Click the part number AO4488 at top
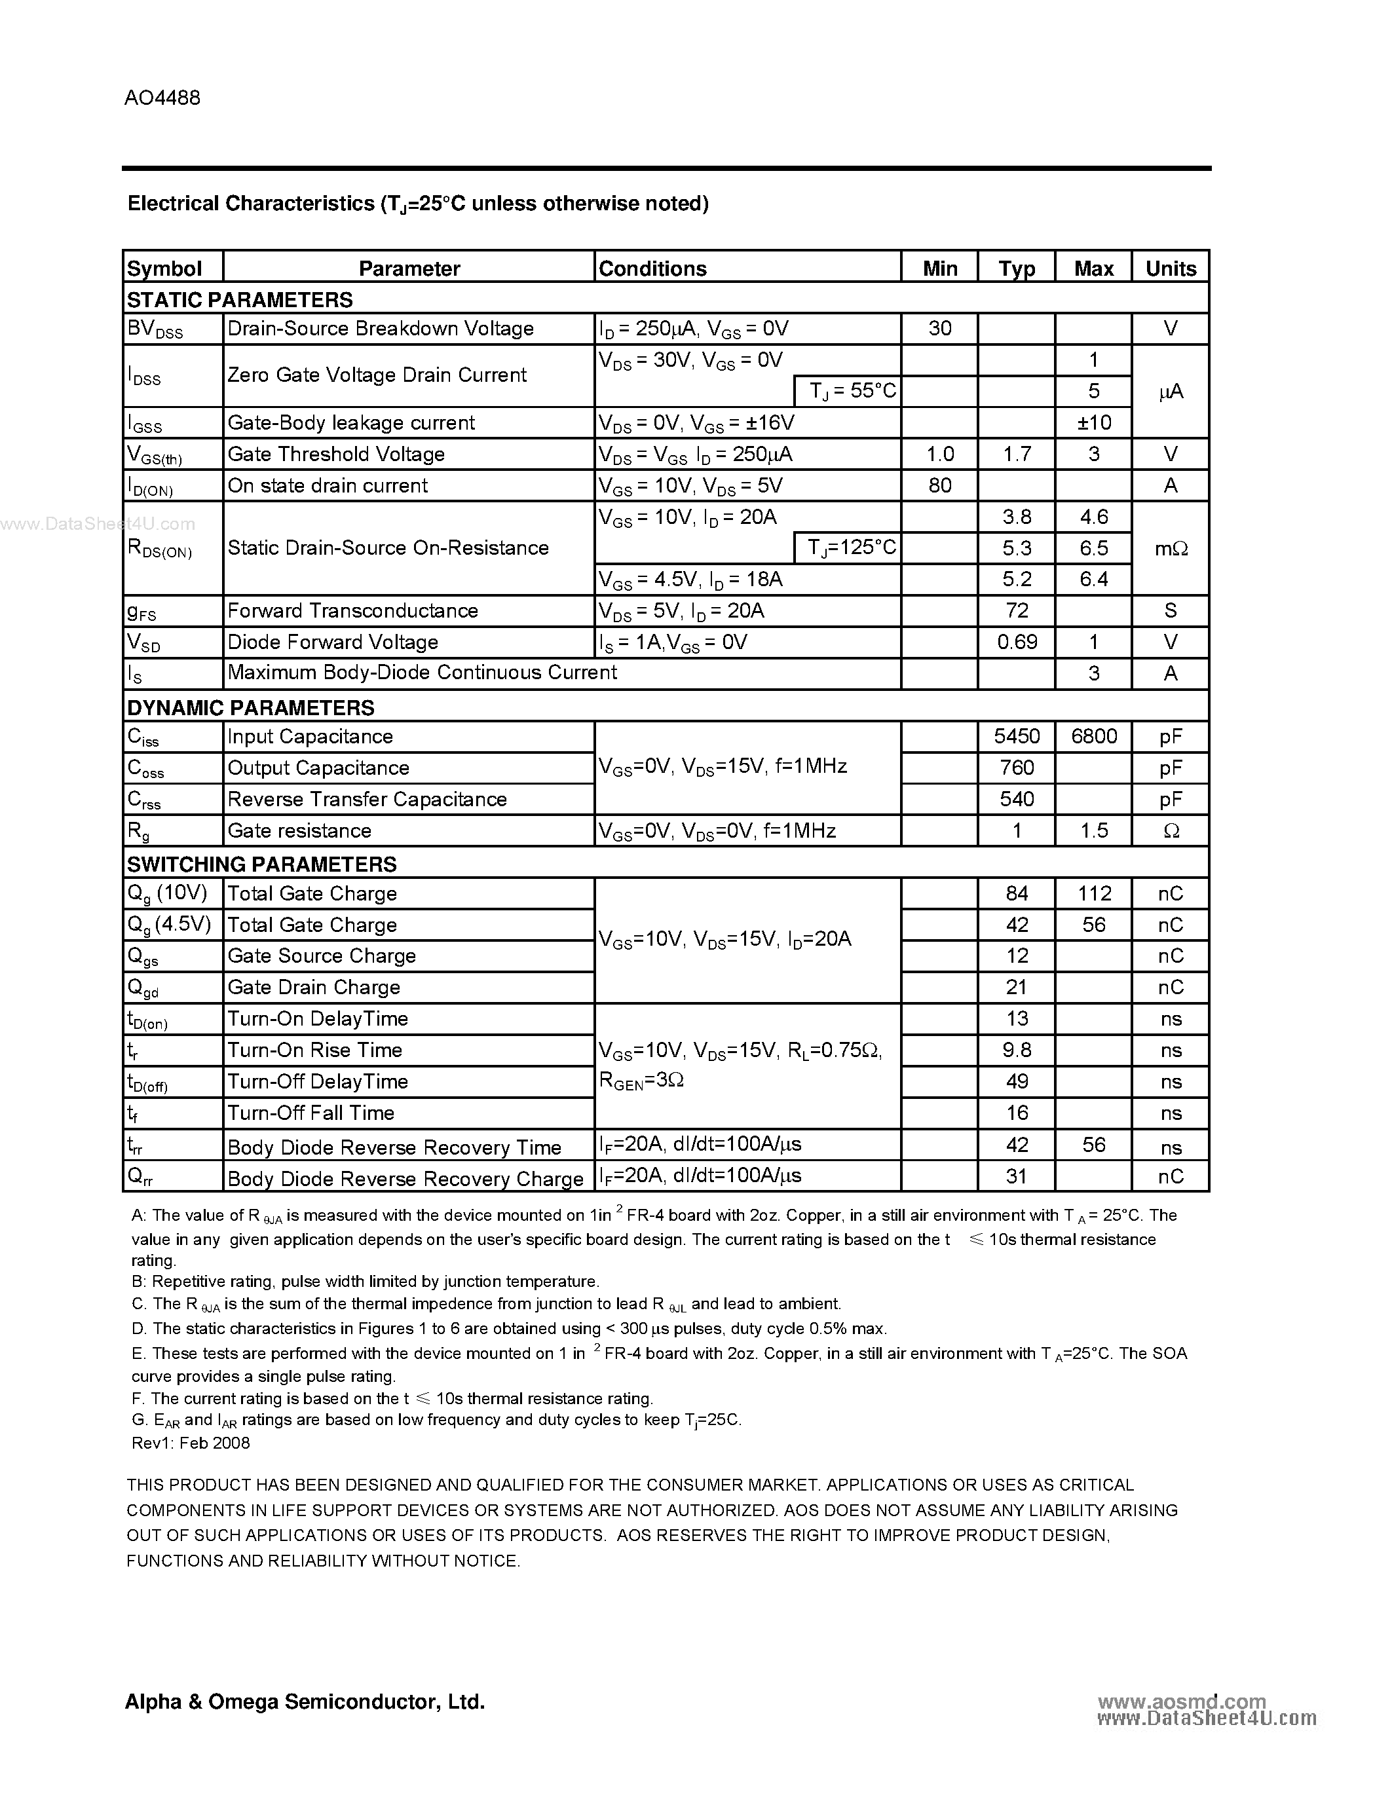point(162,98)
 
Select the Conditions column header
point(652,269)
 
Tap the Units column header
point(1170,269)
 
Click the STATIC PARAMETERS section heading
point(240,299)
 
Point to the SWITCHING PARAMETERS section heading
point(261,864)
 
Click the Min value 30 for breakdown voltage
point(939,328)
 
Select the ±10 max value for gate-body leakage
point(1093,422)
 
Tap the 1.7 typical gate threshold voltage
point(1017,454)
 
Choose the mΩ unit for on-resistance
point(1170,548)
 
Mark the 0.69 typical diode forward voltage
point(1017,642)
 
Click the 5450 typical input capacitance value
point(1017,735)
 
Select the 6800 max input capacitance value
point(1093,735)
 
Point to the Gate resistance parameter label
point(299,830)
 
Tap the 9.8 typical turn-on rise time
point(1017,1050)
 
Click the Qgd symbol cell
point(143,988)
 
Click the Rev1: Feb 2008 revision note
point(191,1442)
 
